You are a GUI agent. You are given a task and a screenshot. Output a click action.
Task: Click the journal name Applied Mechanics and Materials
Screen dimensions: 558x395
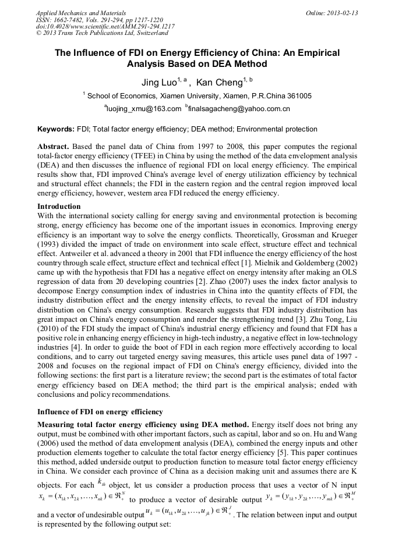click(x=80, y=12)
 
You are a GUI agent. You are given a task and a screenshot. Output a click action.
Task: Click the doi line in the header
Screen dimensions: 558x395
click(x=105, y=27)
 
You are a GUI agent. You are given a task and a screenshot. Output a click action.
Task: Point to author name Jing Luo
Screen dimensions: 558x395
click(x=161, y=83)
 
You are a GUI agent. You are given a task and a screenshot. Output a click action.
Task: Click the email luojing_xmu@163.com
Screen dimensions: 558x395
click(x=143, y=109)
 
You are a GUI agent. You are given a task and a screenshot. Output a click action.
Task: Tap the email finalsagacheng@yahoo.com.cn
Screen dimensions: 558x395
click(x=239, y=109)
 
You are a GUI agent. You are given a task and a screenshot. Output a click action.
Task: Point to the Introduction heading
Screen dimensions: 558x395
click(x=59, y=207)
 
